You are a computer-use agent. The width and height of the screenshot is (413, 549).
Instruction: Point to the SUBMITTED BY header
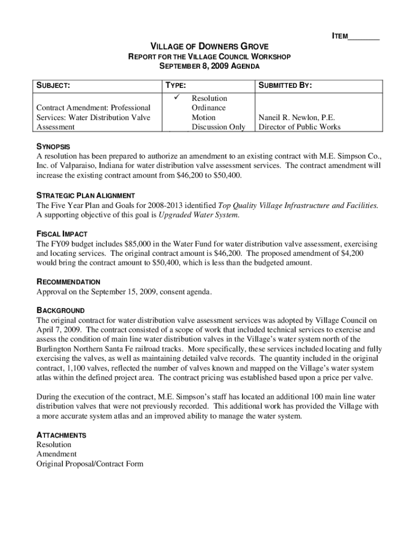tap(286, 86)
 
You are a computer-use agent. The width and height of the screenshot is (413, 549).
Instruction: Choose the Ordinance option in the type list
tap(209, 108)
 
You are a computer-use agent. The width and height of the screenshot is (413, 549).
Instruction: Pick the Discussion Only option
tap(218, 127)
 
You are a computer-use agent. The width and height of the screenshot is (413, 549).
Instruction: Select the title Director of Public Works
tap(299, 127)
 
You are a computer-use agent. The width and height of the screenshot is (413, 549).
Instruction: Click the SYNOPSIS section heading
tap(53, 146)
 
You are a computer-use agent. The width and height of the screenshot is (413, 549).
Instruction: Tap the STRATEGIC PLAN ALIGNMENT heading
tap(85, 195)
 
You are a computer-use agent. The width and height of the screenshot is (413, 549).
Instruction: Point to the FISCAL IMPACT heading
tap(62, 234)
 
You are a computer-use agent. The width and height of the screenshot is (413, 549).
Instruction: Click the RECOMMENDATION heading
tap(68, 282)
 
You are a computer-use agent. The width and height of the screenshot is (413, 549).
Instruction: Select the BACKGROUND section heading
tap(60, 310)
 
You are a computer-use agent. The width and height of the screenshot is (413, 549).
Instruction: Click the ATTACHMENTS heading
tap(61, 435)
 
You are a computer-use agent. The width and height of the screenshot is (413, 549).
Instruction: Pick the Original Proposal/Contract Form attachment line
tap(90, 464)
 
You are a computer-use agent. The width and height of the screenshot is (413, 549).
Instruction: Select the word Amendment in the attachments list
tap(56, 454)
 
